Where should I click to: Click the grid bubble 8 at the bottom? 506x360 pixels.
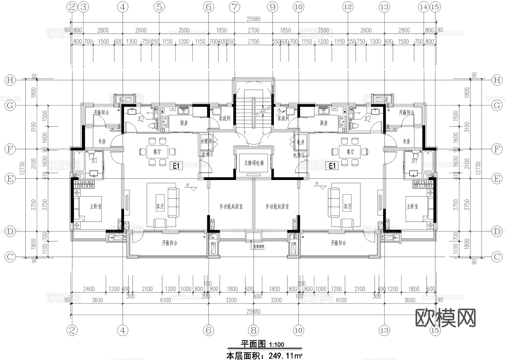[x=254, y=330]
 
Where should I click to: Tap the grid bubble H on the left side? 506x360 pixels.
[x=10, y=80]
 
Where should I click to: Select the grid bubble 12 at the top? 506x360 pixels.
[x=348, y=7]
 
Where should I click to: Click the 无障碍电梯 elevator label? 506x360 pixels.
[x=254, y=163]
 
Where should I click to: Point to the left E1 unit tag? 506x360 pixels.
[x=176, y=166]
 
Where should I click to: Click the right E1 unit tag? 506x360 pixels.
[x=332, y=166]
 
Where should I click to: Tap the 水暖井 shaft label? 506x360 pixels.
[x=206, y=141]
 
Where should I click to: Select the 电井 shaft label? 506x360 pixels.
[x=301, y=142]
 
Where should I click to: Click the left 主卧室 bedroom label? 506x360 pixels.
[x=96, y=207]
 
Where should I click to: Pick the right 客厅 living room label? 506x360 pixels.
[x=347, y=206]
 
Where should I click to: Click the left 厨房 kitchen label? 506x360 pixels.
[x=184, y=123]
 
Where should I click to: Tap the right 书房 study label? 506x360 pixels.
[x=406, y=141]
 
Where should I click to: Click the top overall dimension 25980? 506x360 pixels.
[x=253, y=19]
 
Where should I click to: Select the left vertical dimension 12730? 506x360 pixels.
[x=22, y=168]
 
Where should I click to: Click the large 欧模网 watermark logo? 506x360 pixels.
[x=445, y=318]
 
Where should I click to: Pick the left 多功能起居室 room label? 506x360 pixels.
[x=231, y=207]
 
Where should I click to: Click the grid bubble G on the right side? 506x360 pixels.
[x=497, y=105]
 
